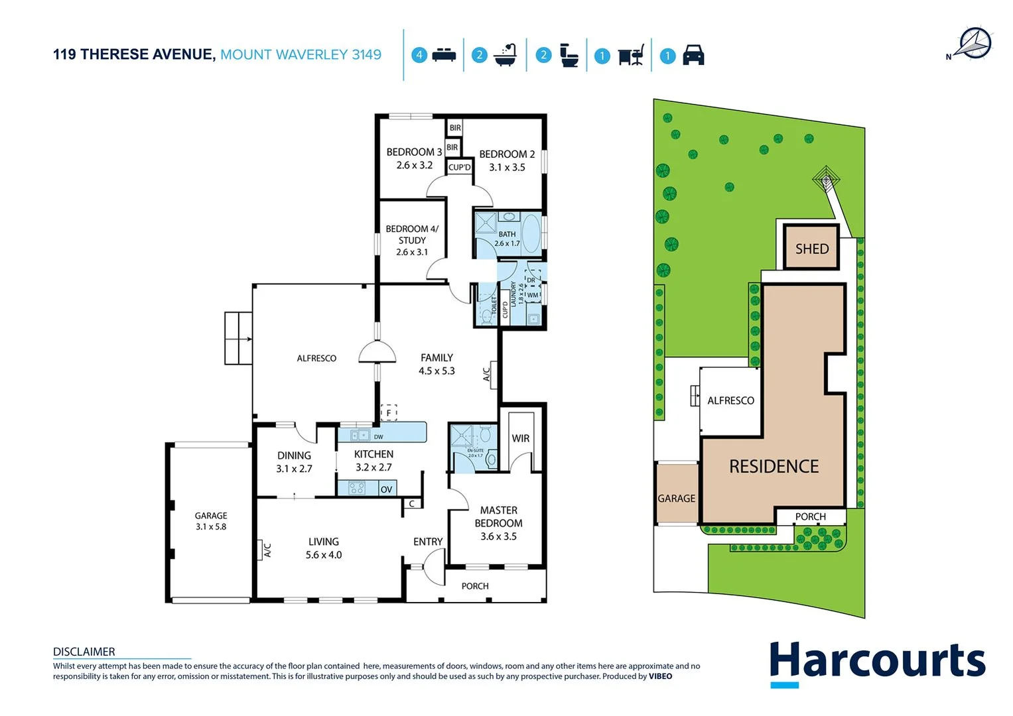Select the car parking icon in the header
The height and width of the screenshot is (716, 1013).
693,55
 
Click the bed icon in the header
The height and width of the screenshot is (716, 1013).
444,55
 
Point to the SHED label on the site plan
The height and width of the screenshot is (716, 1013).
811,249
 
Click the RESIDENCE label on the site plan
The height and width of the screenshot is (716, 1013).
774,467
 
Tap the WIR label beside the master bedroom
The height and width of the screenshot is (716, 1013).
520,438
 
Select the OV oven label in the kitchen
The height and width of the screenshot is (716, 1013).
386,489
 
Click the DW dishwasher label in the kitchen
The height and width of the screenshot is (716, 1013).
378,437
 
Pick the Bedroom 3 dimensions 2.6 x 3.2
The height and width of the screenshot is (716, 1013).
414,165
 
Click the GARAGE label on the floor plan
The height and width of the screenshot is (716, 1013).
211,515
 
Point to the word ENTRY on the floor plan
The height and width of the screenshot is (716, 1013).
427,542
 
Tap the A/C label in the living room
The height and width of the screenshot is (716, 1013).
267,550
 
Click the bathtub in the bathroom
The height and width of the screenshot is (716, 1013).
531,233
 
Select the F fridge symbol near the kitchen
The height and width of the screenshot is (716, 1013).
389,413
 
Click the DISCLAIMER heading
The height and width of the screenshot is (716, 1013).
84,652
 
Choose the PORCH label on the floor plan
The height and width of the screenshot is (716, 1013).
474,586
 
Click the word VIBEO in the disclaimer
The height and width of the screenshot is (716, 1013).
660,676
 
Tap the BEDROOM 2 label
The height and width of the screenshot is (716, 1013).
507,154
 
